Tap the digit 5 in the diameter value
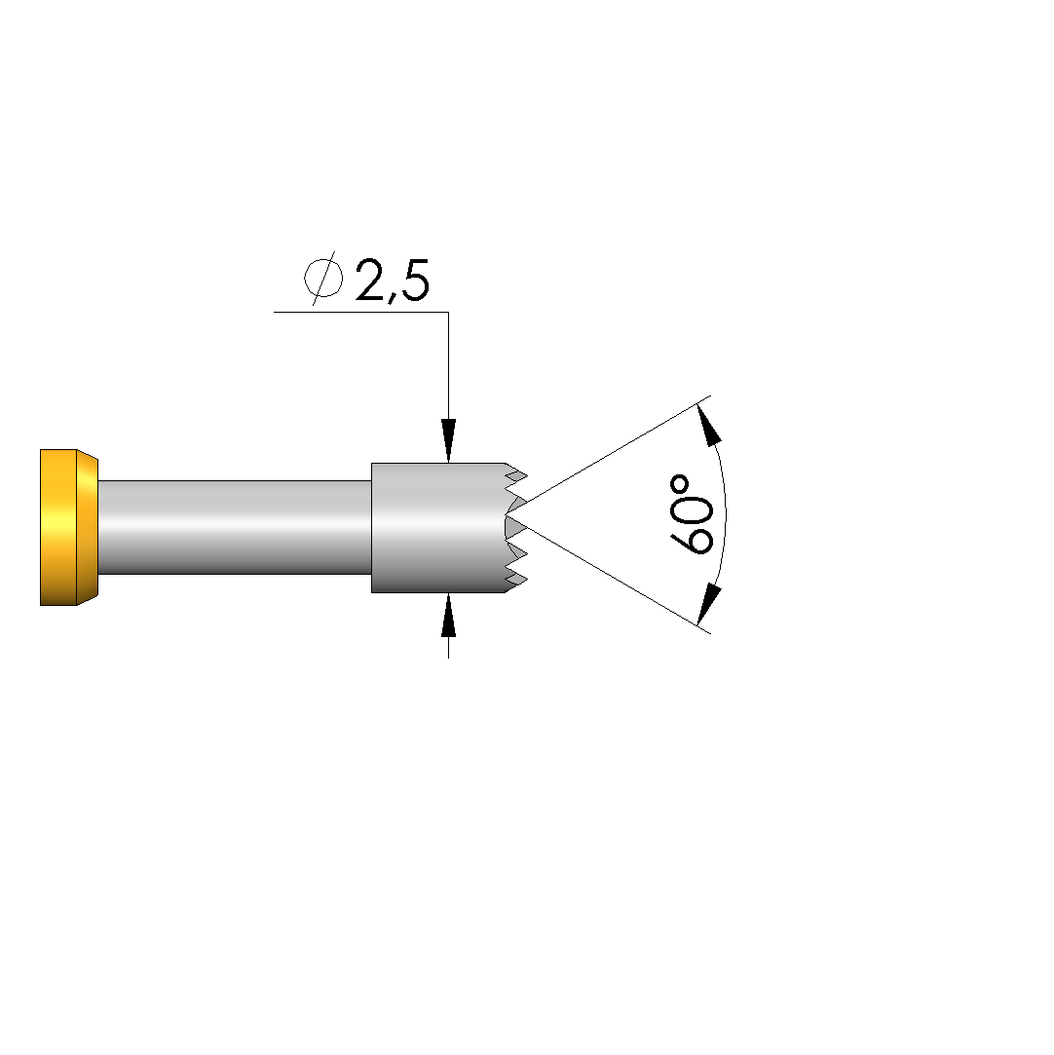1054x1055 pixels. click(x=414, y=280)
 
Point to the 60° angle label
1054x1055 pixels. click(x=691, y=514)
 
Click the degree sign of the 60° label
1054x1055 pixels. click(x=680, y=484)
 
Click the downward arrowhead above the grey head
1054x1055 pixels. click(x=449, y=440)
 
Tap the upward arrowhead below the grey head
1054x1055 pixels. click(x=449, y=615)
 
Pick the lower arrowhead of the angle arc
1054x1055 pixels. click(x=709, y=605)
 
